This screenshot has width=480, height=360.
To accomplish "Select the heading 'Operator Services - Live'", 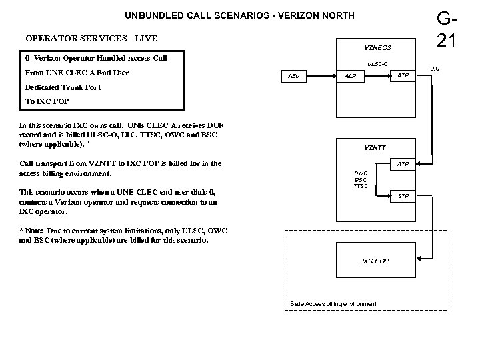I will [91, 38].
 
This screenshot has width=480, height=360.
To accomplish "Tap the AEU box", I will [294, 77].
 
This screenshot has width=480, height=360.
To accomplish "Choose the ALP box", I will [349, 77].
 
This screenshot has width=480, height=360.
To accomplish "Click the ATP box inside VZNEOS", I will [403, 76].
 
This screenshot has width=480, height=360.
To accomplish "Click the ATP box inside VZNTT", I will [403, 164].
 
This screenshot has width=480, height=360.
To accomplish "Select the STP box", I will [403, 196].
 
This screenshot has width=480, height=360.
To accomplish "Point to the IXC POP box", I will [375, 261].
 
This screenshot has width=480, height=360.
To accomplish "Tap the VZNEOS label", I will [377, 48].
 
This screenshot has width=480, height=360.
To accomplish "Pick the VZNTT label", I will [375, 147].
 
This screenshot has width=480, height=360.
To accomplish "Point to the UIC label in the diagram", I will [434, 69].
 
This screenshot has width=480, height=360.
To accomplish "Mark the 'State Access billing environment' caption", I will [333, 304].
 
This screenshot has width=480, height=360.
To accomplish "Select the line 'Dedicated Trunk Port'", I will [63, 87].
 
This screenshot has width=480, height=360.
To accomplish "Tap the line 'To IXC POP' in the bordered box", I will [46, 101].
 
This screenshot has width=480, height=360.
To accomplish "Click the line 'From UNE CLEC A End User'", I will [77, 73].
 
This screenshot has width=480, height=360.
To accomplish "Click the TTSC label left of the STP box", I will [361, 186].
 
